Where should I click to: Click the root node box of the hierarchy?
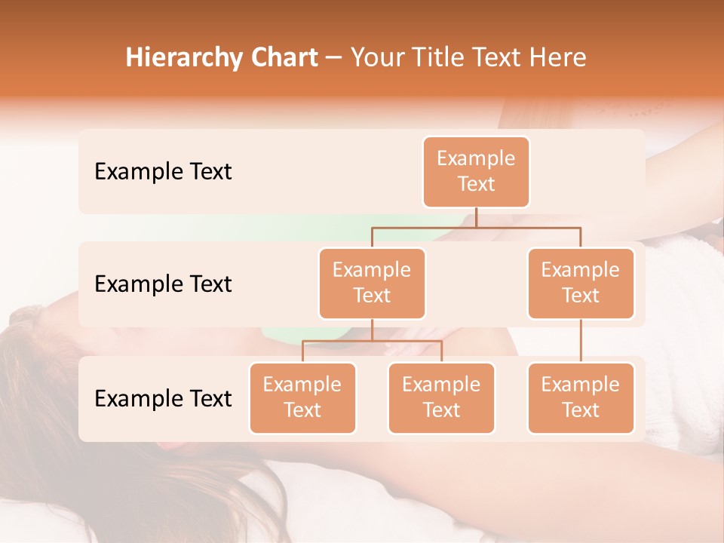click(x=476, y=171)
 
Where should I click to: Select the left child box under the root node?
click(x=372, y=283)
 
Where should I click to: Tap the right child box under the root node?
click(x=581, y=283)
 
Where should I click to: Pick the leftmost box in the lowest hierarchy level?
click(x=302, y=397)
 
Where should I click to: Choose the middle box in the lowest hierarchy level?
click(x=441, y=397)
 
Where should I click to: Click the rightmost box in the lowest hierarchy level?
click(x=581, y=397)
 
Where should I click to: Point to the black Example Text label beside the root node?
click(x=163, y=171)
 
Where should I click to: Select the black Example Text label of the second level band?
click(x=163, y=284)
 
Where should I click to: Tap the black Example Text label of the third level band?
click(x=163, y=398)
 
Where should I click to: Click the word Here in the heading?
click(x=560, y=57)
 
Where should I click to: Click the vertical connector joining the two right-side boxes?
click(x=581, y=341)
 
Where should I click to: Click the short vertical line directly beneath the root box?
click(x=476, y=217)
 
